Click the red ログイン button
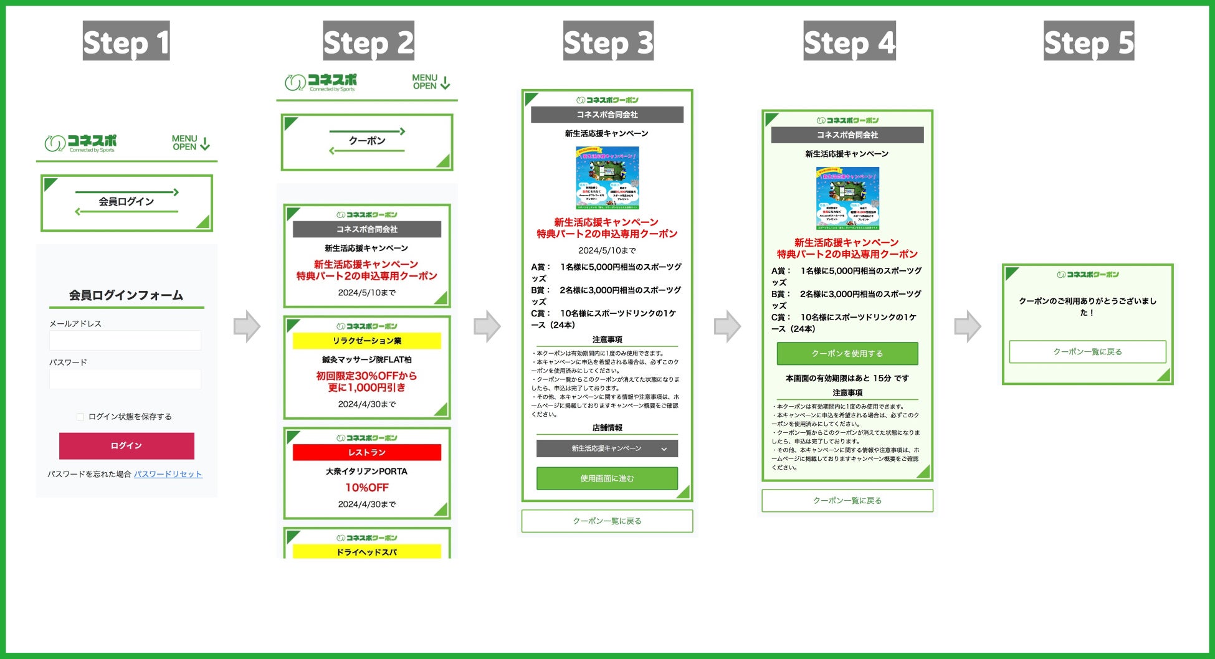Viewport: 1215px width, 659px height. point(126,446)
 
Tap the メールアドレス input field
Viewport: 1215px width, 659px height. point(125,340)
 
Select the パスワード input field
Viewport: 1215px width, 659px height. point(125,379)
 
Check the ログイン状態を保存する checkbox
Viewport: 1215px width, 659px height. point(80,417)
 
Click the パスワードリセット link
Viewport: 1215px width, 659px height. point(168,474)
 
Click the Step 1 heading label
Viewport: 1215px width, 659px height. point(126,41)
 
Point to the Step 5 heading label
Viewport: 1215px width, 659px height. point(1089,41)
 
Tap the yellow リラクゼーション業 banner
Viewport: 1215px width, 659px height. point(366,341)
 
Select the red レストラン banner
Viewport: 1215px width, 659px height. point(366,452)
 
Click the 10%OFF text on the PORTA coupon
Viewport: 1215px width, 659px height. point(366,488)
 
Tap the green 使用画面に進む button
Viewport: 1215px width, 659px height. point(607,478)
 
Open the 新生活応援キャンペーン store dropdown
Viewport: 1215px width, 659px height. point(607,448)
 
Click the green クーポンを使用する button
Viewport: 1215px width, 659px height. point(847,353)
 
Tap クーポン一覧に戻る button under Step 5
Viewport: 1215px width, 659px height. point(1087,352)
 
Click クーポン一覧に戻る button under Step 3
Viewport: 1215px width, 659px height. point(607,521)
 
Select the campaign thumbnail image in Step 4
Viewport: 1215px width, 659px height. point(847,198)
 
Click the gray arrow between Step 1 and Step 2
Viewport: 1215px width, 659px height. point(247,326)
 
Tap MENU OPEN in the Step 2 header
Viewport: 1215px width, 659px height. point(431,82)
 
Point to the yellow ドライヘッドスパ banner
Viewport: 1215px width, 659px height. point(366,552)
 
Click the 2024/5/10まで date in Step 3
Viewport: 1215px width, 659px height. point(607,250)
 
